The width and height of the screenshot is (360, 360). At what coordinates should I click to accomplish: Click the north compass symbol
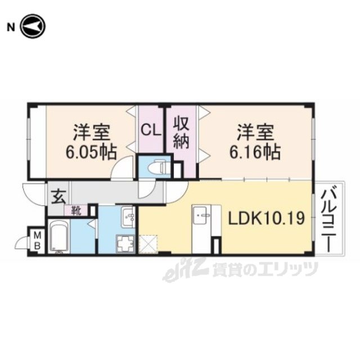[x=33, y=26]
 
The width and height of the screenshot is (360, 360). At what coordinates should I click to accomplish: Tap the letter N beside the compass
[x=11, y=28]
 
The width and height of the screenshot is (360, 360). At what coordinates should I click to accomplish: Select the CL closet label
[x=151, y=130]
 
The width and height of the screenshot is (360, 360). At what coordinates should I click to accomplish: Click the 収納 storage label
[x=181, y=133]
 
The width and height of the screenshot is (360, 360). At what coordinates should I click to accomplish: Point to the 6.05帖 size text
[x=91, y=152]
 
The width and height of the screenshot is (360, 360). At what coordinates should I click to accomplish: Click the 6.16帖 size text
[x=255, y=152]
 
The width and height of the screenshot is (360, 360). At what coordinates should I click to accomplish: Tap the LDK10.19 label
[x=266, y=218]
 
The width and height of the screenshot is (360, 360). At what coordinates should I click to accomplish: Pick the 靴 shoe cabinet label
[x=76, y=210]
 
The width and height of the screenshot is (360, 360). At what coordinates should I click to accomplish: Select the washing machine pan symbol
[x=125, y=244]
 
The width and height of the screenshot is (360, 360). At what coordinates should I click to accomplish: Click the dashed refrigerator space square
[x=148, y=244]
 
